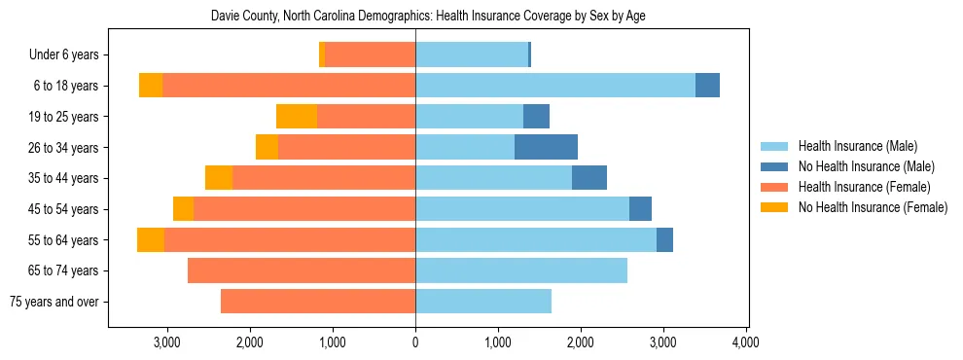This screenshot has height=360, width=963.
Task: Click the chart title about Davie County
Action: (x=428, y=17)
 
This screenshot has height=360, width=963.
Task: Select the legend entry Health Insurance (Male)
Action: (x=857, y=146)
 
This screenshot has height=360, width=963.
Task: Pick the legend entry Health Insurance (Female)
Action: (x=864, y=187)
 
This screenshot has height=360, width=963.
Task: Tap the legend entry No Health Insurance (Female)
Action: (x=872, y=207)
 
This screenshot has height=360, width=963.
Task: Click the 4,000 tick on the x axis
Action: (x=746, y=342)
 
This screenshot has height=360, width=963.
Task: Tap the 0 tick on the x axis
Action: (x=415, y=342)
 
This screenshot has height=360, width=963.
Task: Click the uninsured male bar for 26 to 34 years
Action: (x=546, y=147)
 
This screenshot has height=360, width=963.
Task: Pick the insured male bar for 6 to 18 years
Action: (x=554, y=86)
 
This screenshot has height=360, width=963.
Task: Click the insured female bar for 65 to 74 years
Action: (x=302, y=270)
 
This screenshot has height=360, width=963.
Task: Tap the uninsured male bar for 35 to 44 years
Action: (x=589, y=178)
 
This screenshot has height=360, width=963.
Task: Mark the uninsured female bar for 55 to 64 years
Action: (x=151, y=239)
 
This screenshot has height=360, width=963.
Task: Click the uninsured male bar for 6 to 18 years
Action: (x=707, y=86)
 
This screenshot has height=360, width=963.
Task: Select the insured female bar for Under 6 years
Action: (x=371, y=55)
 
